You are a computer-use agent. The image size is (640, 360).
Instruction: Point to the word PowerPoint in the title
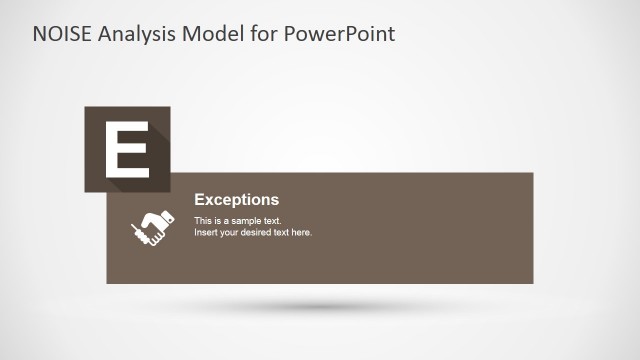coord(340,34)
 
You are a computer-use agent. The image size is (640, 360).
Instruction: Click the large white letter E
coord(127,149)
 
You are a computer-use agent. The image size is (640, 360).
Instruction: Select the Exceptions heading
coord(236,200)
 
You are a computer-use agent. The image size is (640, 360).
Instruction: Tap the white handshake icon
coord(152,226)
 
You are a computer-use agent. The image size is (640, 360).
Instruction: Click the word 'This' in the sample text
coord(203,220)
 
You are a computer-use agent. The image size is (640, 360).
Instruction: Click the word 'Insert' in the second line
coord(206,232)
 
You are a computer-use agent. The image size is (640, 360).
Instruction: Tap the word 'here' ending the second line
coord(302,232)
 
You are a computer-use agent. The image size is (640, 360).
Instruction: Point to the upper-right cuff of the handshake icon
coord(169,215)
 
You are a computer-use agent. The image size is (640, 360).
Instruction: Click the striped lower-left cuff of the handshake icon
coord(136,236)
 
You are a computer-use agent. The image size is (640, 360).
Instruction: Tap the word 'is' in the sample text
coord(218,220)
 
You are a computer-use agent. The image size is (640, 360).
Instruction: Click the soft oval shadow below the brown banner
coord(320,305)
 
